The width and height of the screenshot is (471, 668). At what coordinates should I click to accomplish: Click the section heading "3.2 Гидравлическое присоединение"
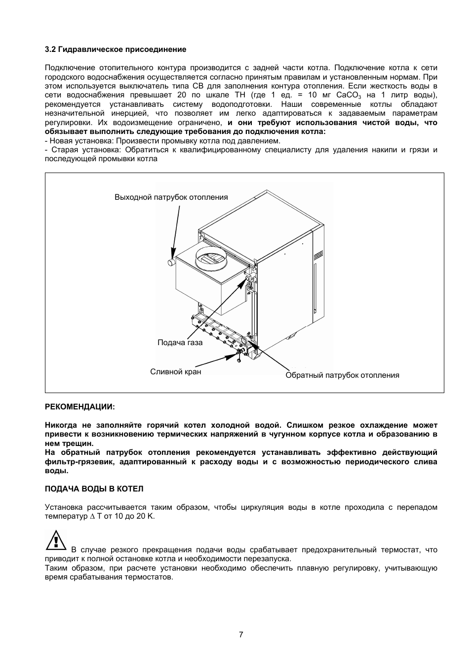[116, 49]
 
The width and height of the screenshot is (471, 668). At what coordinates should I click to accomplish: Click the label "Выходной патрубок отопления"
[171, 197]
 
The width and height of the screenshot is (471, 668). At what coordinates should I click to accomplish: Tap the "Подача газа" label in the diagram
[180, 343]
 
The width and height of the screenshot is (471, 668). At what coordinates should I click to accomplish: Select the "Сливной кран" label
[175, 371]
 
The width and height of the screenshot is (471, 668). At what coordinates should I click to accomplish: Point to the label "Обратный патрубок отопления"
[342, 375]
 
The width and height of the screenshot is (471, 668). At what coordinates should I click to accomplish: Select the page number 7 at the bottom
[241, 635]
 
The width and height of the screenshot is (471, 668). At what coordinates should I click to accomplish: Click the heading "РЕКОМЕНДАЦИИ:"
[79, 406]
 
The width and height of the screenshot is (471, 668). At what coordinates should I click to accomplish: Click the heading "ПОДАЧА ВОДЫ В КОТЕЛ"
[94, 489]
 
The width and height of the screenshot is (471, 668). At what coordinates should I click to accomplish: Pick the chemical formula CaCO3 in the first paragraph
[349, 95]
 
